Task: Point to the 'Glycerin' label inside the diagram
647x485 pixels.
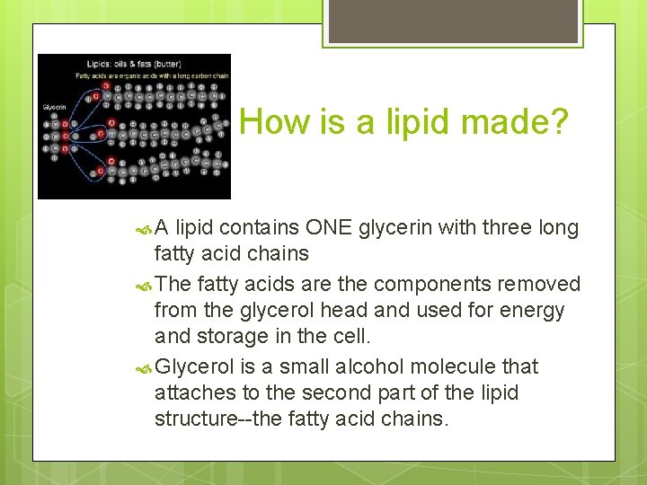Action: [53, 108]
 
